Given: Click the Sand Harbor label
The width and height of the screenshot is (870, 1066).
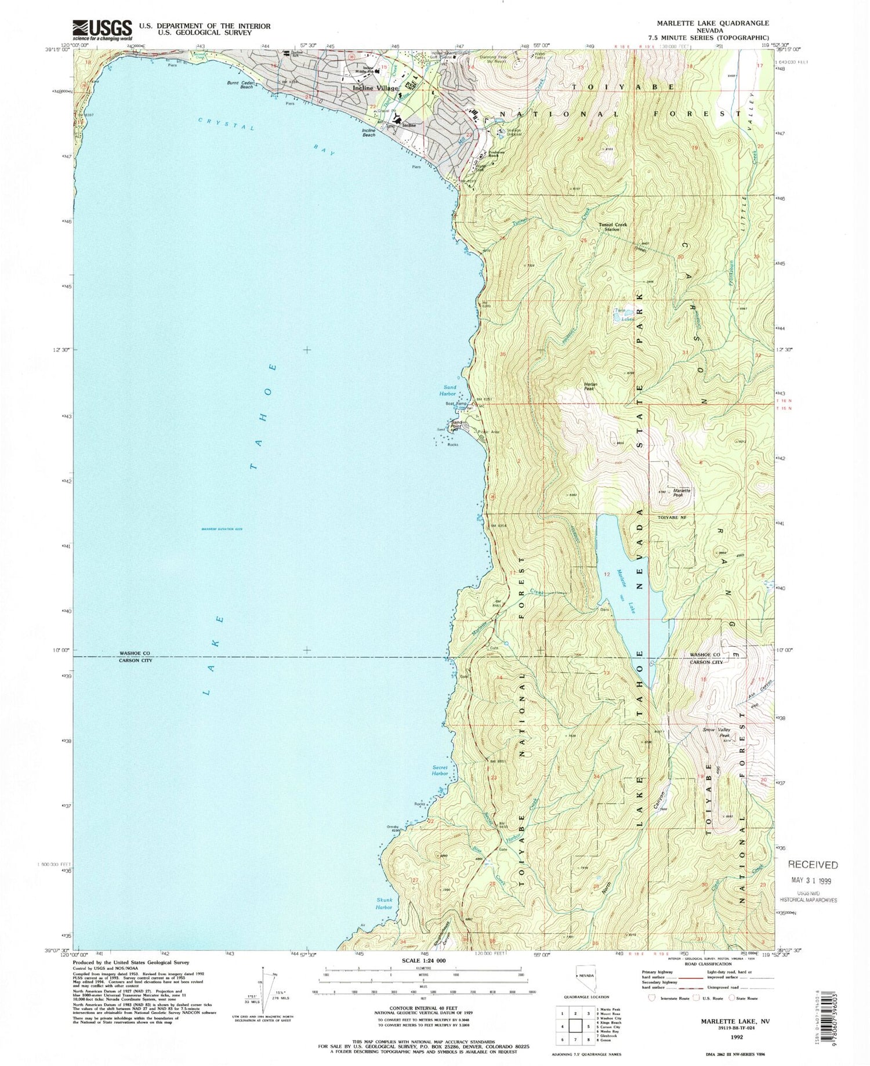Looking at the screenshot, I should pyautogui.click(x=450, y=390).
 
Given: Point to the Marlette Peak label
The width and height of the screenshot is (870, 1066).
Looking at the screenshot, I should pyautogui.click(x=681, y=492).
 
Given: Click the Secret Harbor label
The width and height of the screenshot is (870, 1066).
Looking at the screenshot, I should pyautogui.click(x=440, y=770).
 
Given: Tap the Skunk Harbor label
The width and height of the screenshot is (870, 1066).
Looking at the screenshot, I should pyautogui.click(x=384, y=904).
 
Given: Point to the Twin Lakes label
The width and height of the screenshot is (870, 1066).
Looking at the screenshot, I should pyautogui.click(x=623, y=315).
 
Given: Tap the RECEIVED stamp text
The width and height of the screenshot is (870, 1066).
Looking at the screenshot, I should pyautogui.click(x=813, y=865).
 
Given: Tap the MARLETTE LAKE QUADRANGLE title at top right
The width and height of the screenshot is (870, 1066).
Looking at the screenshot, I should pyautogui.click(x=704, y=23).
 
